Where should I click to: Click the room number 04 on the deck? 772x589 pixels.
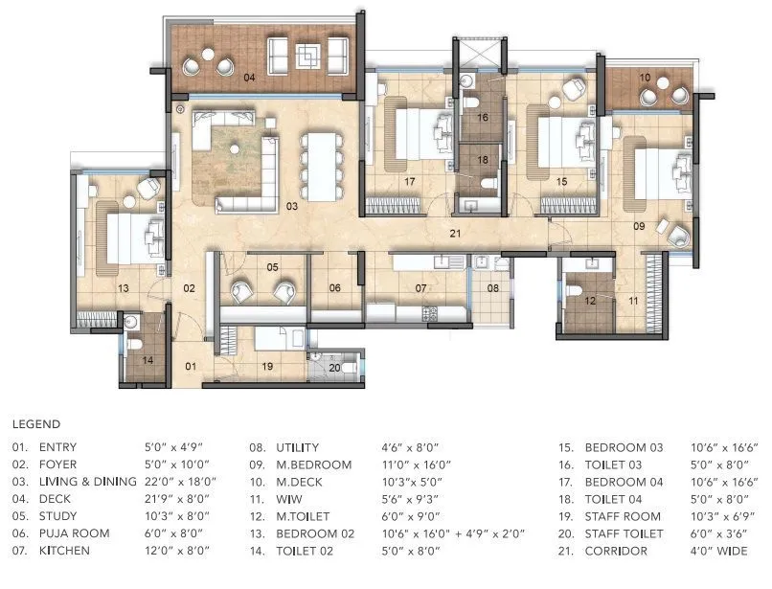tap(249, 78)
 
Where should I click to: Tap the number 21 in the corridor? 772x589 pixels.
tap(457, 233)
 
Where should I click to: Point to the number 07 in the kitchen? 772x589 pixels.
tap(420, 287)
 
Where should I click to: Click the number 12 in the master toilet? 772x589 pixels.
tap(590, 301)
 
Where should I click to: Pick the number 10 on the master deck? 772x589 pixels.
tap(645, 77)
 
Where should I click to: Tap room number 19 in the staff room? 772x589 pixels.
tap(267, 366)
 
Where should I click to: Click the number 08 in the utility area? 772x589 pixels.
tap(493, 287)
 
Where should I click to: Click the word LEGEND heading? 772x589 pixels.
tap(36, 423)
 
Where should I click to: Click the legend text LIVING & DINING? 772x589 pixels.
tap(87, 482)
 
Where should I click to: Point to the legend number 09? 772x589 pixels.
tap(257, 464)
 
